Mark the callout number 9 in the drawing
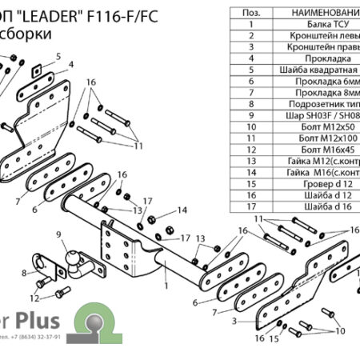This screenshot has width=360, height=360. click(58, 234)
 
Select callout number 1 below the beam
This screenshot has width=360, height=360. click(165, 284)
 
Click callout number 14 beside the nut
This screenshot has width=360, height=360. click(182, 210)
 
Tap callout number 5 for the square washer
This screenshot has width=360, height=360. click(58, 55)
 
